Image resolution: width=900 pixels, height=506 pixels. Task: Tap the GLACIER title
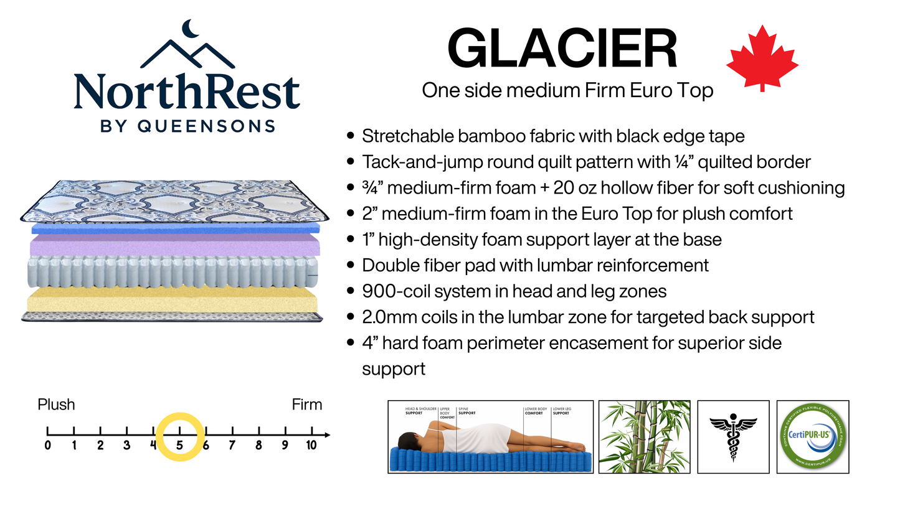pos(562,49)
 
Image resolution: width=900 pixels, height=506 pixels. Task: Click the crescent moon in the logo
pos(189,29)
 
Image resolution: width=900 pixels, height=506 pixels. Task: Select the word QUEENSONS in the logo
pos(206,126)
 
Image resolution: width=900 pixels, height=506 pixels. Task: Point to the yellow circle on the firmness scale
pos(179,436)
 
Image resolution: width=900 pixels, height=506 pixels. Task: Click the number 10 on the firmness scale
pos(311,445)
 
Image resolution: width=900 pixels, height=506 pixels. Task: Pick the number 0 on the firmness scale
pos(48,445)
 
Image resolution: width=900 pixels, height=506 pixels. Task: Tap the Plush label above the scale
pos(56,405)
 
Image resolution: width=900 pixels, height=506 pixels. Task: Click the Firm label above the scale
pos(307,405)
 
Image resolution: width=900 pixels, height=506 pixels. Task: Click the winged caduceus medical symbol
pos(733,437)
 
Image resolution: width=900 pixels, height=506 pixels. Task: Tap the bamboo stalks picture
pos(645,437)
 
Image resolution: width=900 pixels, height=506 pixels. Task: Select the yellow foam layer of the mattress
pos(168,299)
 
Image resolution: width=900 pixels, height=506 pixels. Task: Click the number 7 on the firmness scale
pos(232,445)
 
